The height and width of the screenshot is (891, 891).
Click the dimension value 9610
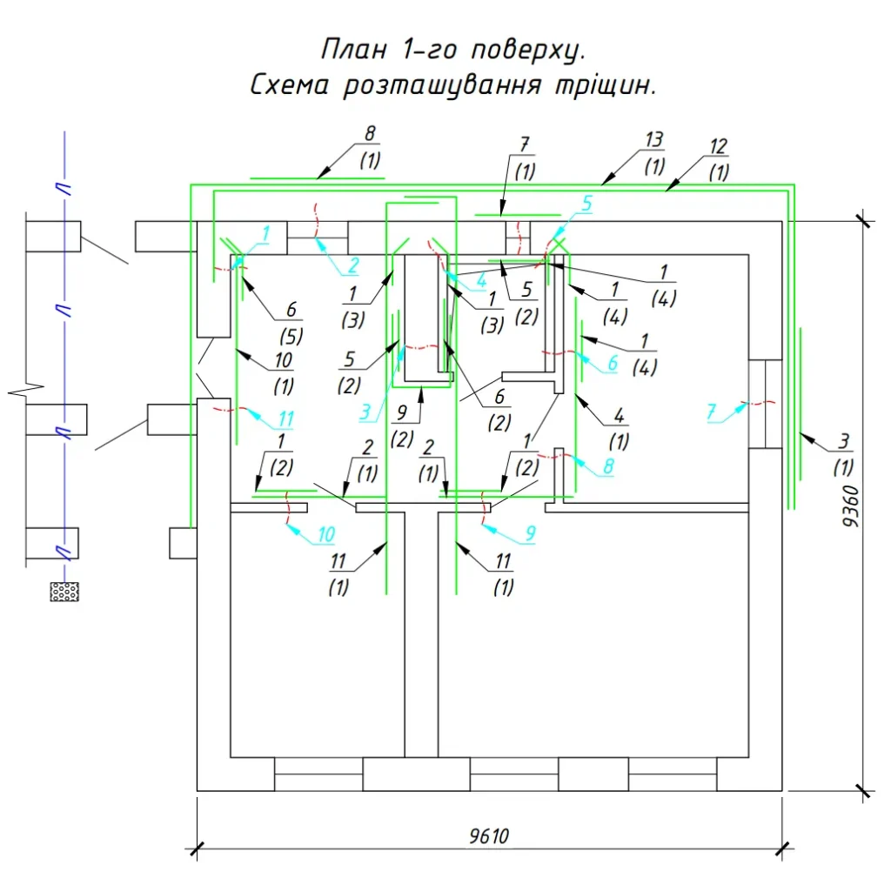489,836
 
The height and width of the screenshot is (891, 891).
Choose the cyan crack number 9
528,532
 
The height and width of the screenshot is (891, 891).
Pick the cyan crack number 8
607,466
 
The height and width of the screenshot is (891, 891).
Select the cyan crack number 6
612,364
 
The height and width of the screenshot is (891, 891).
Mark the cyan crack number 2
353,266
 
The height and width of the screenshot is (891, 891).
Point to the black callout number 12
718,145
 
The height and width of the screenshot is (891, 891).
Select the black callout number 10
284,359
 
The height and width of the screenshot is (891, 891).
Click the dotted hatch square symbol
64,592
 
